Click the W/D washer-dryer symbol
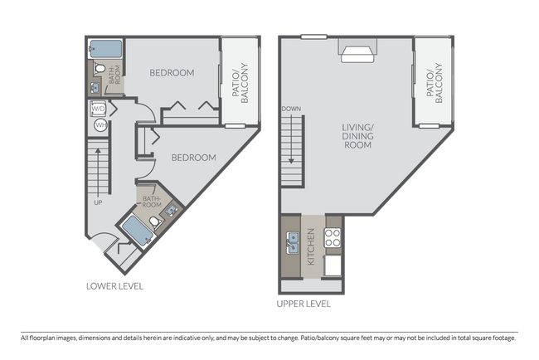(x=98, y=109)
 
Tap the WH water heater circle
(x=99, y=125)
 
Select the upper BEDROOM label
(x=172, y=73)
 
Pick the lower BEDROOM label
(x=193, y=158)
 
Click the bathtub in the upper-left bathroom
(x=104, y=47)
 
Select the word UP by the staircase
(x=98, y=201)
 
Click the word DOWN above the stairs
(x=290, y=109)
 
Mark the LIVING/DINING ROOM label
(x=357, y=136)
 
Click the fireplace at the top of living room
(x=358, y=54)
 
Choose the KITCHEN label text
(x=312, y=247)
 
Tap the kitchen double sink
(x=292, y=243)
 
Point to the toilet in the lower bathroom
(x=154, y=222)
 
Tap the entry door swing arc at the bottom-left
(x=101, y=243)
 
